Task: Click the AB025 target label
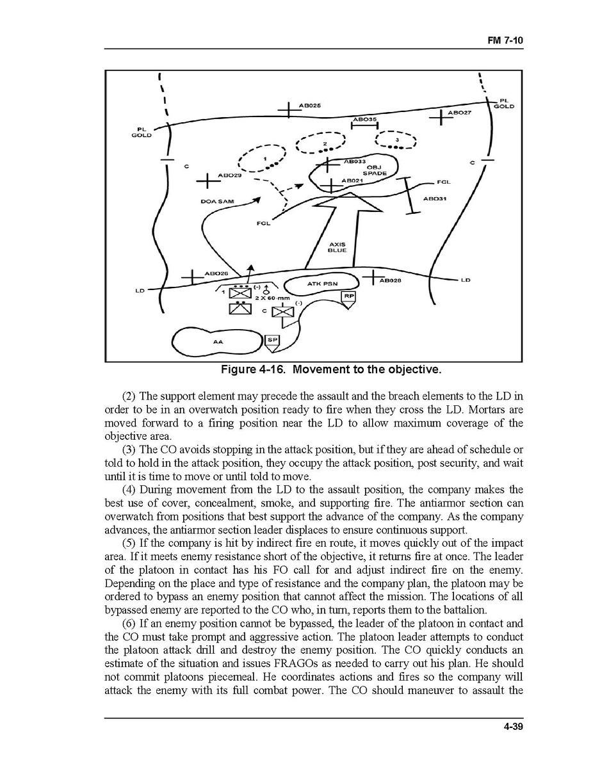(x=311, y=105)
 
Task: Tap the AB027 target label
(x=459, y=113)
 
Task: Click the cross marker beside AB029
(x=207, y=181)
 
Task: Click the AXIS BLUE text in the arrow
(x=337, y=247)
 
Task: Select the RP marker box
(x=348, y=297)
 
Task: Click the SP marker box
(x=272, y=341)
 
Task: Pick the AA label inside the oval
(x=218, y=342)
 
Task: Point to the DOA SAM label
(x=217, y=202)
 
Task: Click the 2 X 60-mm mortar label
(x=273, y=298)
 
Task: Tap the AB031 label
(x=435, y=198)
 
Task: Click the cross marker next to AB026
(x=191, y=277)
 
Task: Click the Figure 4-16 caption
(x=331, y=370)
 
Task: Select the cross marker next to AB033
(x=328, y=164)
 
